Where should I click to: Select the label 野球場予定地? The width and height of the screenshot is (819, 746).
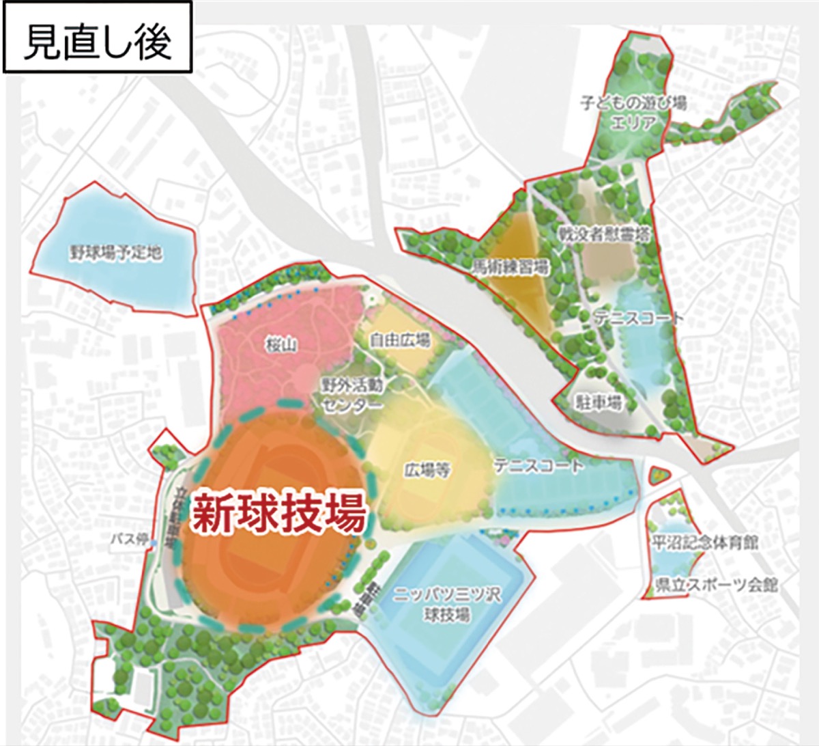coord(116,253)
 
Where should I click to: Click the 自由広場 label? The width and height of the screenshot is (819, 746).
coord(401,340)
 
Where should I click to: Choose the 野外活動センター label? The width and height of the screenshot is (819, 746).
coord(352,394)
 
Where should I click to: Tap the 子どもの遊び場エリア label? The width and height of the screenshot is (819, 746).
coord(633,113)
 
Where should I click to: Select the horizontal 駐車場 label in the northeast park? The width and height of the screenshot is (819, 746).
coord(599,402)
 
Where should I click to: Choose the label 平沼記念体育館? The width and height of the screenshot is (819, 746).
coord(705,543)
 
